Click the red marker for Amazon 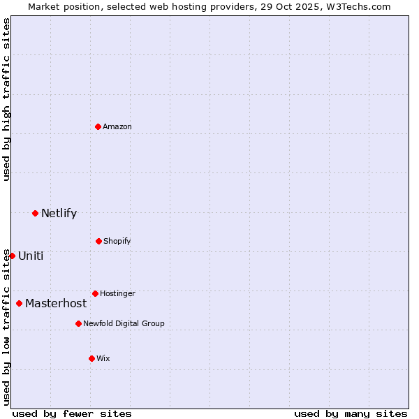(98, 126)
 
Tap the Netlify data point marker (35, 213)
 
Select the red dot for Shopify (98, 241)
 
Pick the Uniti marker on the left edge (12, 256)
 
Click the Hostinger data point (95, 293)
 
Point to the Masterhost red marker (19, 303)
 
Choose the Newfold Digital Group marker (78, 323)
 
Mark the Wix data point (91, 358)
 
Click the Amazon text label (117, 126)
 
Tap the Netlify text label (59, 213)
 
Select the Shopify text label (117, 241)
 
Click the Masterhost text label (56, 303)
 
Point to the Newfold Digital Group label (124, 323)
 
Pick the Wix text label (103, 358)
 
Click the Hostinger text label (117, 293)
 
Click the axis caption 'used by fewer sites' (72, 413)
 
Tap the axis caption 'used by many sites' (351, 413)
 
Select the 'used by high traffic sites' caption (6, 99)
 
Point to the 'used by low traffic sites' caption (6, 327)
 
